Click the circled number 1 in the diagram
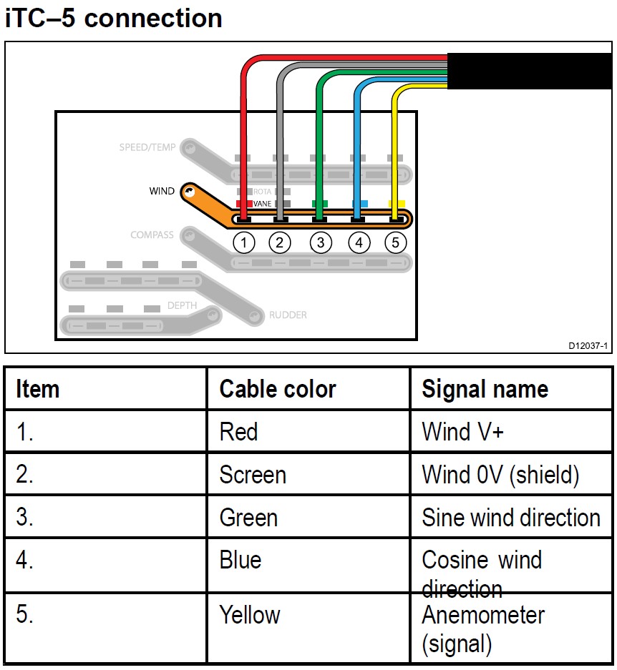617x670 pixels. coord(243,243)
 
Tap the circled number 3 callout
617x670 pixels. coord(320,243)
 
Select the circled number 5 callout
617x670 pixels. coord(395,243)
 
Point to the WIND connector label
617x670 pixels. coord(161,191)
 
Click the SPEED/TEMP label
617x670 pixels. coord(147,148)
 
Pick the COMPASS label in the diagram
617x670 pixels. coord(152,235)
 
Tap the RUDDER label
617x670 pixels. coord(288,315)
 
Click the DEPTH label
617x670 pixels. coord(182,305)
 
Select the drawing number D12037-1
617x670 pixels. coord(588,346)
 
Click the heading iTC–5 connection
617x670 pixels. coord(114,18)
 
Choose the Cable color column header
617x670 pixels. coord(278,389)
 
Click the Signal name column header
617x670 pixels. coord(485,389)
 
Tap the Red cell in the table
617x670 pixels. coord(238,432)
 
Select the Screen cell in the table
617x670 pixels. coord(253,475)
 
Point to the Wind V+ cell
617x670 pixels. coord(463,432)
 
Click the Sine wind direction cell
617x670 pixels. coord(511,518)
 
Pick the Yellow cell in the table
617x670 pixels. coord(250,615)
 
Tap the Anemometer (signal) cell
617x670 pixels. coord(483,629)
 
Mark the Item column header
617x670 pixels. coord(37,389)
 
